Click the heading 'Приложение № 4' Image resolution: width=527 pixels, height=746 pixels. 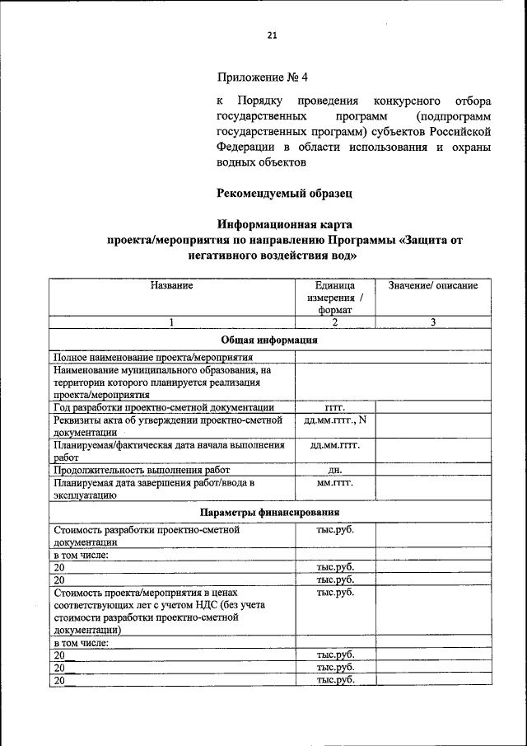262,78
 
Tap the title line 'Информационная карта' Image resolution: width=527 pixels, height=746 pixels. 285,224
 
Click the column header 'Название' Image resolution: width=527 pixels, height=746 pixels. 171,285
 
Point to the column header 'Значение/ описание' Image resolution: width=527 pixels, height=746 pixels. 433,285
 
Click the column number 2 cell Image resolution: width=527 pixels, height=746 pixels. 335,322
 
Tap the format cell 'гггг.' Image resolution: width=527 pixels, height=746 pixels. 335,407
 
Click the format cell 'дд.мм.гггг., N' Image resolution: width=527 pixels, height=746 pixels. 335,420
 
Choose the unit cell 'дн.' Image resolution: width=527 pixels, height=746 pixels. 335,469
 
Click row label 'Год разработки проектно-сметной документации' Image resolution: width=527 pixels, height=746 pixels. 163,407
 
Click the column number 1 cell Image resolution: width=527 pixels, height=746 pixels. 171,322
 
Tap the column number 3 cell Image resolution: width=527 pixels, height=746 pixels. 433,322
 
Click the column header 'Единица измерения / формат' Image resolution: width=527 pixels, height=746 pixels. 335,298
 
